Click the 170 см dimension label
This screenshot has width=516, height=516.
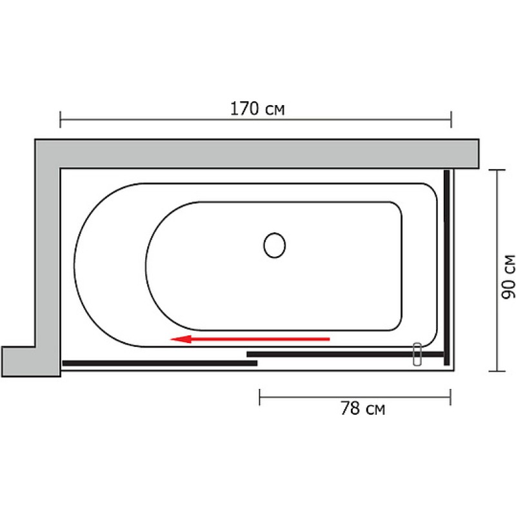pos(257,109)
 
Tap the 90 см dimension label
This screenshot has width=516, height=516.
pos(508,277)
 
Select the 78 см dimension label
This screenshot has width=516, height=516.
pos(362,408)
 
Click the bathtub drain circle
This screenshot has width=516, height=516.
pos(275,245)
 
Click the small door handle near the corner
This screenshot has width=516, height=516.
pos(417,354)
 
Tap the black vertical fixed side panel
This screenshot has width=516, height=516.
pos(446,268)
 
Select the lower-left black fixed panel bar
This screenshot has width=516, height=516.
pos(160,363)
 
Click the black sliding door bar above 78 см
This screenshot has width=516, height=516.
pos(345,354)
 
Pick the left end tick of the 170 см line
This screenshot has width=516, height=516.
pos(60,119)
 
